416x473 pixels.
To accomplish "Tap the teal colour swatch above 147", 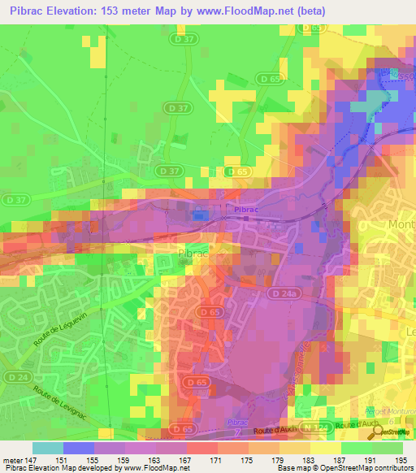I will click(x=47, y=448).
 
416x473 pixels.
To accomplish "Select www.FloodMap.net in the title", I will click(x=246, y=11).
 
